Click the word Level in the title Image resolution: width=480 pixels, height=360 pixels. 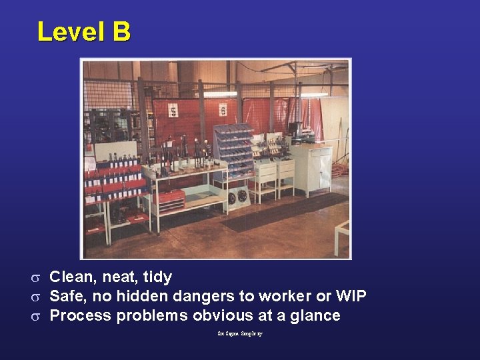pos(69,31)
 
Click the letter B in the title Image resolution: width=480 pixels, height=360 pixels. pos(121,31)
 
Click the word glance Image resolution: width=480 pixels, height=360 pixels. pos(313,315)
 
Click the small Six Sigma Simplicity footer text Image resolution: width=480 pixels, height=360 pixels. pos(240,333)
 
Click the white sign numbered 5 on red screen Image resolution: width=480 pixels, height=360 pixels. pos(173,111)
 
